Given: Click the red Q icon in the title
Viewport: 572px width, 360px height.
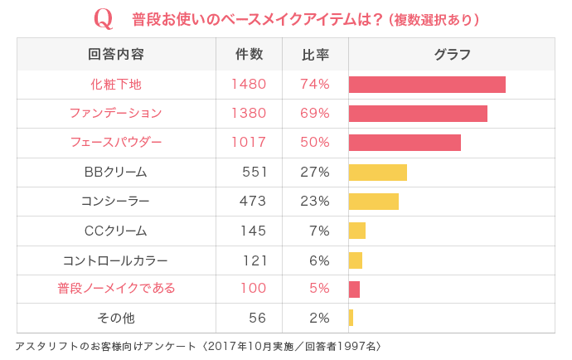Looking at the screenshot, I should click(x=104, y=18).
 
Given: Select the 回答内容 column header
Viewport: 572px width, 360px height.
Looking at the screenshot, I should click(x=116, y=55).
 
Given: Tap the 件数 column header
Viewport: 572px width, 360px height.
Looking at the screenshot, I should click(x=250, y=55).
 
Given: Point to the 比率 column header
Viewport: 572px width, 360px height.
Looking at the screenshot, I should click(x=315, y=55).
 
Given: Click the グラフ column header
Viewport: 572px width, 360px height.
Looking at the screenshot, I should click(x=452, y=55).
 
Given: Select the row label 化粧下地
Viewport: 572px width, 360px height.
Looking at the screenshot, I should click(x=116, y=84).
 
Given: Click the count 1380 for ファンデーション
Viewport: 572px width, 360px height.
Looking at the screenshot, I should click(x=249, y=113).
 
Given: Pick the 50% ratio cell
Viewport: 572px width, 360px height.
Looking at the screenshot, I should click(x=315, y=142).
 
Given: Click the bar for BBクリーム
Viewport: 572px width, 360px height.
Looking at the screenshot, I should click(x=378, y=172).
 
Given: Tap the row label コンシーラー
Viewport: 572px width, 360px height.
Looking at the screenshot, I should click(x=116, y=201).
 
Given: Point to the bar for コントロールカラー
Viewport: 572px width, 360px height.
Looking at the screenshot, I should click(x=356, y=260).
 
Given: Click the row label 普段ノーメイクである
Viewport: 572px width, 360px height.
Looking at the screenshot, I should click(x=116, y=289).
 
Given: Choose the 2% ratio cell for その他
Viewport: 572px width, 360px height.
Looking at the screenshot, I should click(x=319, y=318).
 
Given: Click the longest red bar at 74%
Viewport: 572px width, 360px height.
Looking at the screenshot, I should click(x=427, y=84).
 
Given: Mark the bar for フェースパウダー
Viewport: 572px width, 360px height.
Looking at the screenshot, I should click(x=405, y=142).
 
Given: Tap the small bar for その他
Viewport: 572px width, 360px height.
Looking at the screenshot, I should click(x=351, y=318).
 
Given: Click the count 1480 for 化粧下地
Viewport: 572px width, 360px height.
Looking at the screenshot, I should click(x=249, y=84).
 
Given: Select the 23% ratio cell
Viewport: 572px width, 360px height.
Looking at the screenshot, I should click(x=315, y=201).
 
